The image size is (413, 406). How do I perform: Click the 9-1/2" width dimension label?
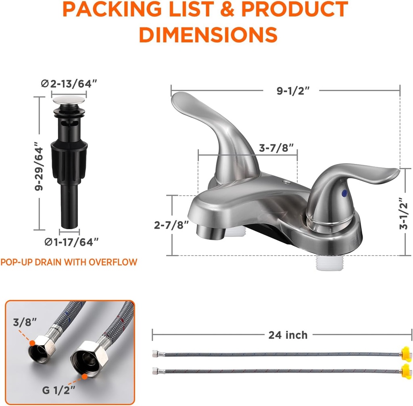pos(293,91)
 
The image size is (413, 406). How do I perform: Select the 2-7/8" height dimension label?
pos(171,225)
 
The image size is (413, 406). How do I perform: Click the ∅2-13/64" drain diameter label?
pos(69,84)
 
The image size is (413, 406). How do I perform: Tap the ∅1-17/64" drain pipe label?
pos(71,242)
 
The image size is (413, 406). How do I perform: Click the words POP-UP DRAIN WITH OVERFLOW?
pos(69,262)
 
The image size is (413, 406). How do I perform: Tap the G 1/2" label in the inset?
pos(58,390)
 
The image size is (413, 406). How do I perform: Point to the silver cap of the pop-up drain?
pos(69,98)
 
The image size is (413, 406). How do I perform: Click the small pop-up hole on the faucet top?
pos(286,182)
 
